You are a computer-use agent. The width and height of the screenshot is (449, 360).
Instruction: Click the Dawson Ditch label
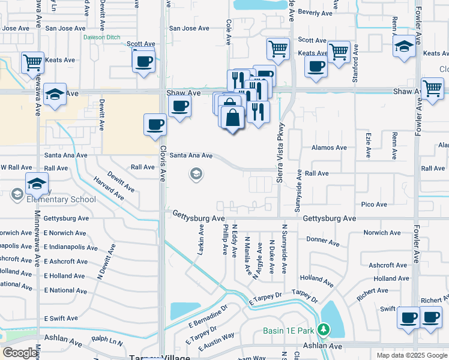coord(103,37)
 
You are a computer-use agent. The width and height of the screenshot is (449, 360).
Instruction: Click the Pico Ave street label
coord(373,205)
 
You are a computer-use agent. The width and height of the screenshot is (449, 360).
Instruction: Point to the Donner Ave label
coord(324,241)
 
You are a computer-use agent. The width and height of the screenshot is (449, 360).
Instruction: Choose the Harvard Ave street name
coord(109,188)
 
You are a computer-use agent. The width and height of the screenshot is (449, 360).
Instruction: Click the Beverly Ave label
coord(315,13)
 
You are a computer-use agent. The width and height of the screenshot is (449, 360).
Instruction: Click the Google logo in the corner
coord(20,353)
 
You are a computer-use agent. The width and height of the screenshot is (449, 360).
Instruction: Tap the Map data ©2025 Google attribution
coord(412,355)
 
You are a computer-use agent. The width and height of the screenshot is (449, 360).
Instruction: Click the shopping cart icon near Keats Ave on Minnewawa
coord(32,61)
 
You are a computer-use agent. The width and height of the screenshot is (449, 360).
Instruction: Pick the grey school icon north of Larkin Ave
coord(195,175)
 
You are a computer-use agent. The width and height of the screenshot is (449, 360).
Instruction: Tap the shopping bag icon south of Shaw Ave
coord(232,117)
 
